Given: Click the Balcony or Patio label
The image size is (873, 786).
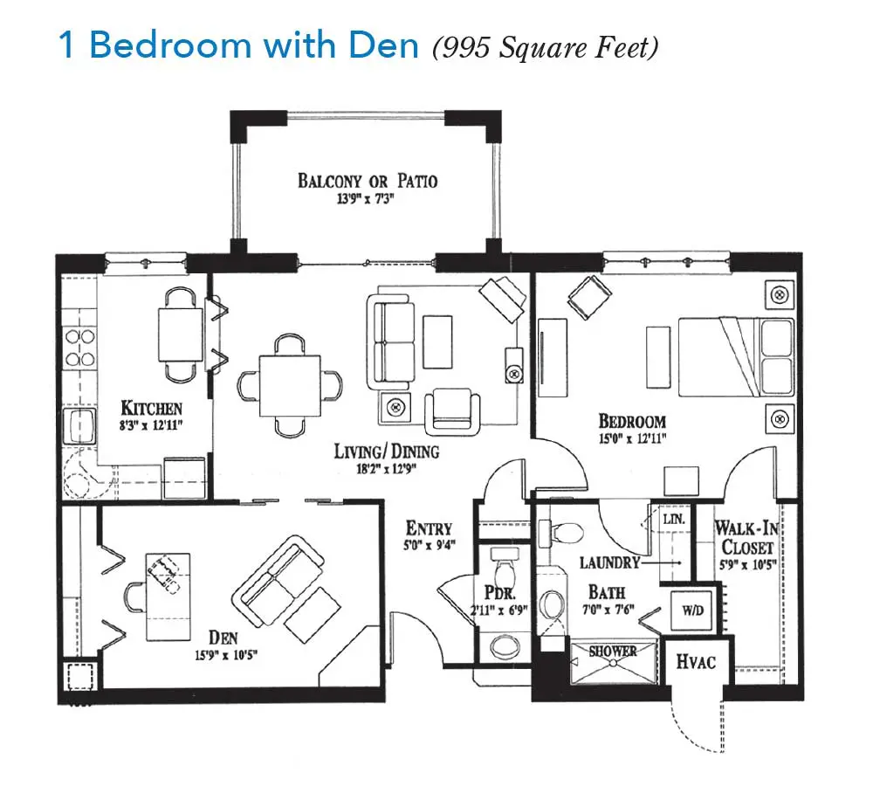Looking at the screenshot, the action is coord(368,181).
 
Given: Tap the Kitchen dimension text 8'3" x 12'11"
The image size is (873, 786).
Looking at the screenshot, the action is coord(151,426).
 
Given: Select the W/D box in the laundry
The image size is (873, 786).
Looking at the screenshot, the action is coord(692,610).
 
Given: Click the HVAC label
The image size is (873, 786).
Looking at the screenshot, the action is coord(696,662).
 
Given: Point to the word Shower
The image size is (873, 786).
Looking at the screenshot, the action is coord(613,652).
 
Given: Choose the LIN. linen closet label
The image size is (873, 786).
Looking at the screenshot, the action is coord(674,520).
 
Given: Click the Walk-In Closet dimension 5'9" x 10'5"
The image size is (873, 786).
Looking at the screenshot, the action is coord(748,565).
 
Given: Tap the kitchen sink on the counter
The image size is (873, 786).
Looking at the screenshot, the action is coord(79,425).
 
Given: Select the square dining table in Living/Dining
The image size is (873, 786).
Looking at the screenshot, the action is coord(290,385).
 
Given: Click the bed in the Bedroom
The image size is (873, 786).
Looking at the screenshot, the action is coord(735,356).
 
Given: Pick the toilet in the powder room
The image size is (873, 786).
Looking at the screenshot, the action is coord(506,565).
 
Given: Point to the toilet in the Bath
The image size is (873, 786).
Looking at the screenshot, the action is coord(561,533).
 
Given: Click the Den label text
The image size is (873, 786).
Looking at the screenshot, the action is coord(223,638).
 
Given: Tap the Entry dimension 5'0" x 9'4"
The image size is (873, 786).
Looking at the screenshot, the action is coord(430,544).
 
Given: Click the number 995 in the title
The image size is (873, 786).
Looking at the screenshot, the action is coord(461,47).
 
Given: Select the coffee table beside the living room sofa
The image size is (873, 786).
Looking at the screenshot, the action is coord(437,341).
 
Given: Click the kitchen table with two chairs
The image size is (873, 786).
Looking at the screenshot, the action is coord(181,334).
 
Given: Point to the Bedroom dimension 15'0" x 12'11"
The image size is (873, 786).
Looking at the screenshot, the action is coord(632,438).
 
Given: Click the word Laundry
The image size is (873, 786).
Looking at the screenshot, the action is coord(609,562).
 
